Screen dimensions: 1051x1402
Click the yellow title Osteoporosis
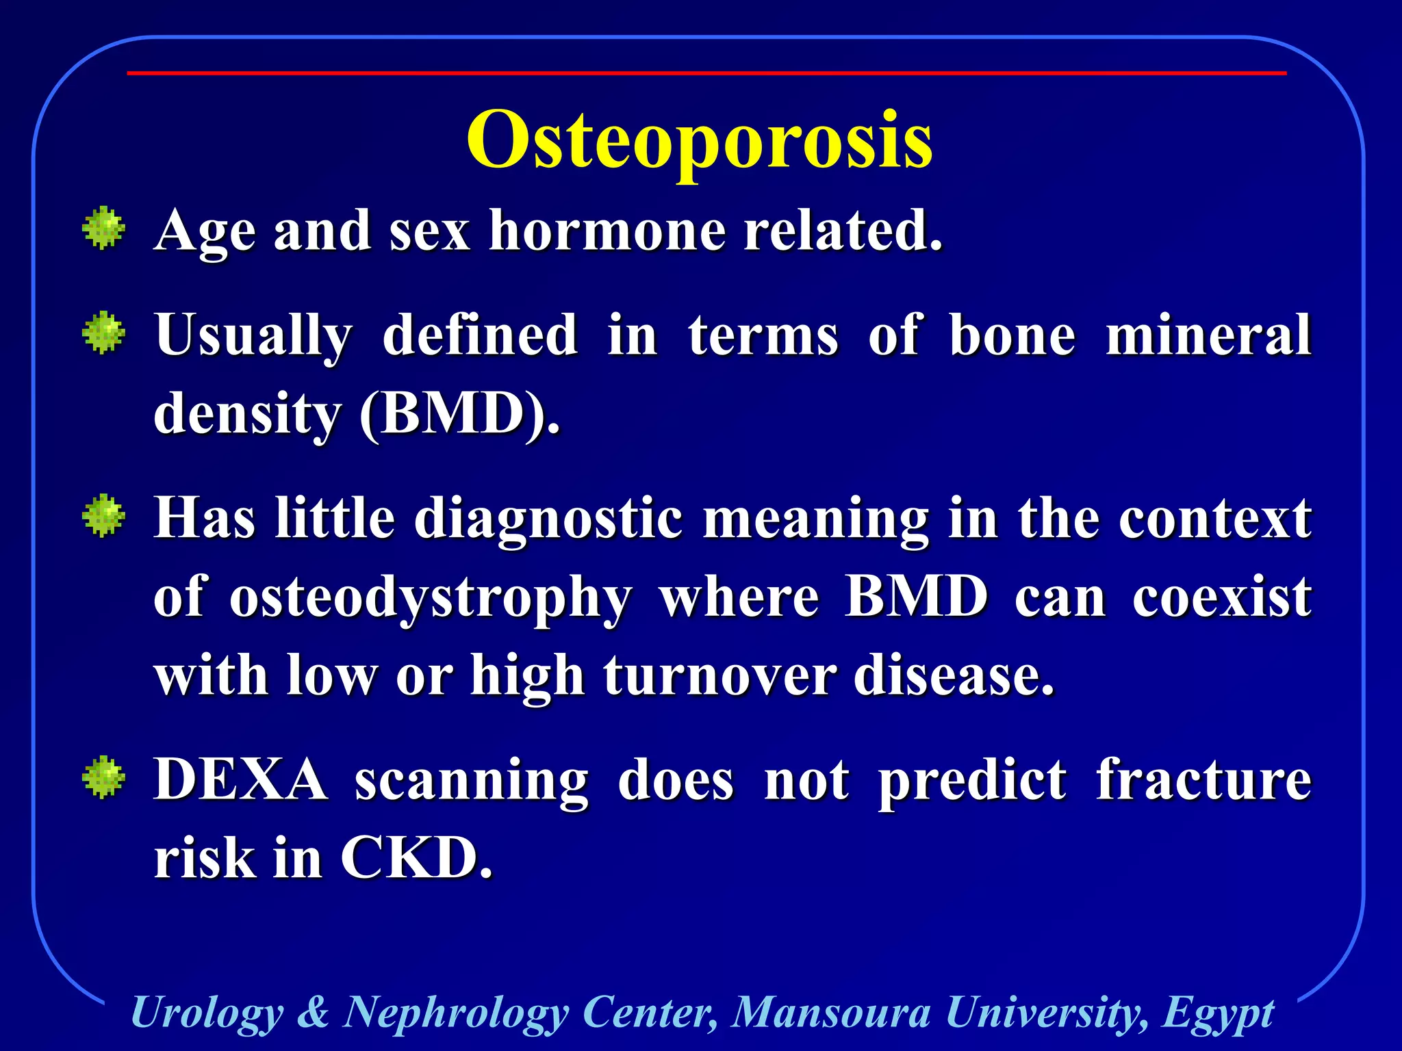(x=699, y=142)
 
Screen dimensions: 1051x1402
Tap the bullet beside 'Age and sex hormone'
(x=103, y=228)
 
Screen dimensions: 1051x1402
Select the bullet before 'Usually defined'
(x=103, y=333)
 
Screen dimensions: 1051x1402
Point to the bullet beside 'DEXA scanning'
(x=103, y=777)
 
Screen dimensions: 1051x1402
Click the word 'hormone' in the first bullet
(x=607, y=231)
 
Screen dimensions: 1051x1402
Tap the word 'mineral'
(x=1208, y=335)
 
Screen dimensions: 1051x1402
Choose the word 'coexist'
(x=1221, y=597)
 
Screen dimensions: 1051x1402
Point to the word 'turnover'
(x=719, y=676)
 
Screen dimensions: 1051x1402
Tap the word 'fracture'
(x=1203, y=779)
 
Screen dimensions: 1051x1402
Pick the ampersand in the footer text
(x=313, y=1012)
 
